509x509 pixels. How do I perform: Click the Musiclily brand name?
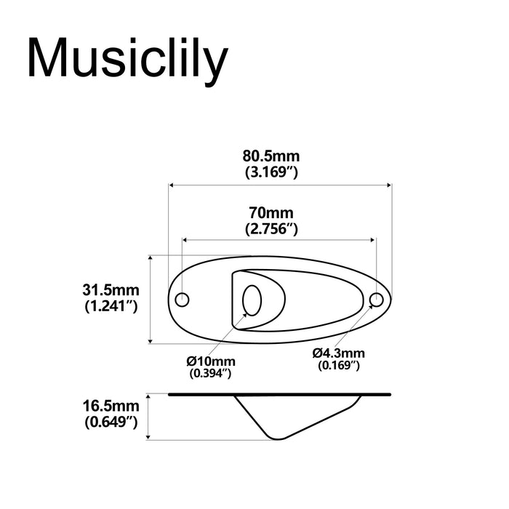127,59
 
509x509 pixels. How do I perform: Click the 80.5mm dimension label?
270,156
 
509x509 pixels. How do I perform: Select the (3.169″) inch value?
270,172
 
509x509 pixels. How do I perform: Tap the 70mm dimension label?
270,213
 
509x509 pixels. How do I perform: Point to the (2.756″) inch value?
270,229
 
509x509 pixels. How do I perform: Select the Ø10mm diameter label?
211,361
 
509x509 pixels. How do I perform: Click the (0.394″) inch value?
211,374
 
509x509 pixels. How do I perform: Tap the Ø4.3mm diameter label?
339,353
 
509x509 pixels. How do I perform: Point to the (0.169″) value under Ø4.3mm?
339,366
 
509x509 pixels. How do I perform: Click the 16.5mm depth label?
111,405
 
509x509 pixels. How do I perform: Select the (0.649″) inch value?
111,421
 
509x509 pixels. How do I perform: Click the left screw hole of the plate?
183,299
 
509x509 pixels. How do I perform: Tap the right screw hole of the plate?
376,299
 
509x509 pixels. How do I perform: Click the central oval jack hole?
252,299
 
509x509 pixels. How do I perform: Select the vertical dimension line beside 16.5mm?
149,417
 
